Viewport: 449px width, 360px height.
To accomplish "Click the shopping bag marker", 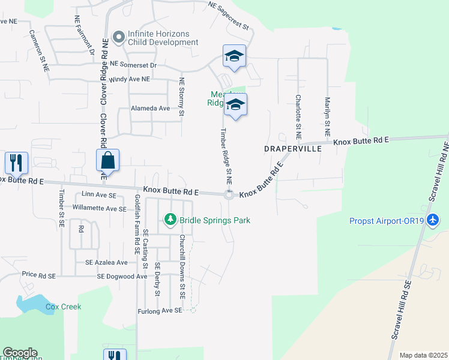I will pyautogui.click(x=107, y=161).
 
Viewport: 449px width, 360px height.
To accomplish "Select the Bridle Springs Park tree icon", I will pyautogui.click(x=170, y=220).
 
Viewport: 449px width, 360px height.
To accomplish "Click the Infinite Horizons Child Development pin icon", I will pyautogui.click(x=118, y=37).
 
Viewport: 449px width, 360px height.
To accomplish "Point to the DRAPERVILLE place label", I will pyautogui.click(x=292, y=148).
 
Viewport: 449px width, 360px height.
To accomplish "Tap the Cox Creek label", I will pyautogui.click(x=63, y=307).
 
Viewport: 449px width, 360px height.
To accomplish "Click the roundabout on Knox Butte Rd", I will pyautogui.click(x=229, y=194).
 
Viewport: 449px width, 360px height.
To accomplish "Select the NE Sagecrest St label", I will pyautogui.click(x=228, y=15).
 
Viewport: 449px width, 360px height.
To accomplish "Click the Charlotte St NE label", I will pyautogui.click(x=297, y=113).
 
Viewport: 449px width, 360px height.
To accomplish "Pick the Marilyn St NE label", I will pyautogui.click(x=327, y=115).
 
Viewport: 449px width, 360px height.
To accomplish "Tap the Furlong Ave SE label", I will pyautogui.click(x=158, y=310).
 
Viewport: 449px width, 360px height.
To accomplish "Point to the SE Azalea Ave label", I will pyautogui.click(x=106, y=263).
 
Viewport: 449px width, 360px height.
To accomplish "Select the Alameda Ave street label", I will pyautogui.click(x=151, y=109).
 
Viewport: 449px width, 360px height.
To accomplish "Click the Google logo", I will pyautogui.click(x=20, y=353).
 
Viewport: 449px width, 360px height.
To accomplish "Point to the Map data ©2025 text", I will pyautogui.click(x=423, y=355).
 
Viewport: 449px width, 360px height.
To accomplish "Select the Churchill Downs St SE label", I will pyautogui.click(x=182, y=268).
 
